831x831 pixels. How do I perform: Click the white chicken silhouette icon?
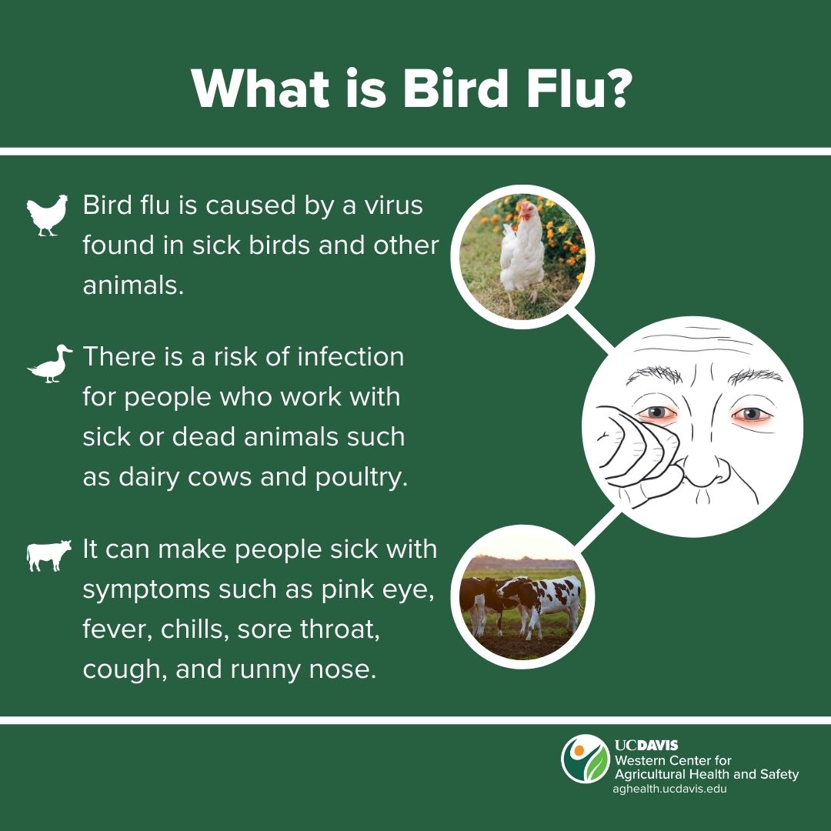tap(47, 215)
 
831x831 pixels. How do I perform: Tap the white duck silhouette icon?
tap(50, 363)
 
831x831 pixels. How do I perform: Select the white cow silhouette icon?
tap(48, 556)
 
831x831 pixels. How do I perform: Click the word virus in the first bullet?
tap(392, 205)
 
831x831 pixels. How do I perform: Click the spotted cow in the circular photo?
tap(542, 603)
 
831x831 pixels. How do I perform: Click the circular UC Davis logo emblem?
tap(586, 759)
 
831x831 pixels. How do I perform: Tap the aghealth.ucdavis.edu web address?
tap(670, 789)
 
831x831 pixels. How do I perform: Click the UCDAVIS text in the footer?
tap(646, 745)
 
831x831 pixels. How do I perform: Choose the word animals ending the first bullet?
tap(133, 285)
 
